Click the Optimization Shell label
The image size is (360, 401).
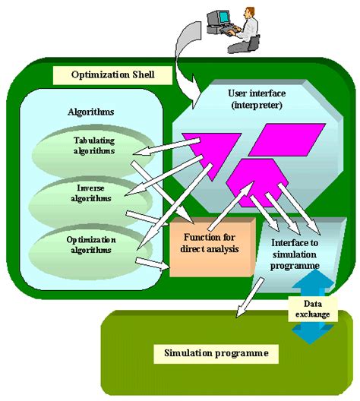click(x=103, y=76)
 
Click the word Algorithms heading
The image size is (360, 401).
click(x=90, y=112)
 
